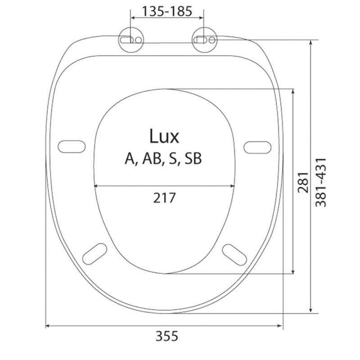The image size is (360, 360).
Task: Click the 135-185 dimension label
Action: click(167, 11)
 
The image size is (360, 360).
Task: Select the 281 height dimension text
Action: click(303, 182)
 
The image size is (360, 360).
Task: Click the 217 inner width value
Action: click(165, 197)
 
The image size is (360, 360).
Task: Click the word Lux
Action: click(164, 136)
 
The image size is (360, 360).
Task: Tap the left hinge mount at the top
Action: click(131, 40)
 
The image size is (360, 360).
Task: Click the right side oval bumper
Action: click(258, 146)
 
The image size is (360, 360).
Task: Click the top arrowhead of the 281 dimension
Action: click(293, 90)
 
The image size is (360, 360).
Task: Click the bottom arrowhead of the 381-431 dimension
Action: click(311, 310)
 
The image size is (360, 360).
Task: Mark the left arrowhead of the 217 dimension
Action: click(96, 185)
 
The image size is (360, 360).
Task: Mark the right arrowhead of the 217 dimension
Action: click(234, 185)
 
